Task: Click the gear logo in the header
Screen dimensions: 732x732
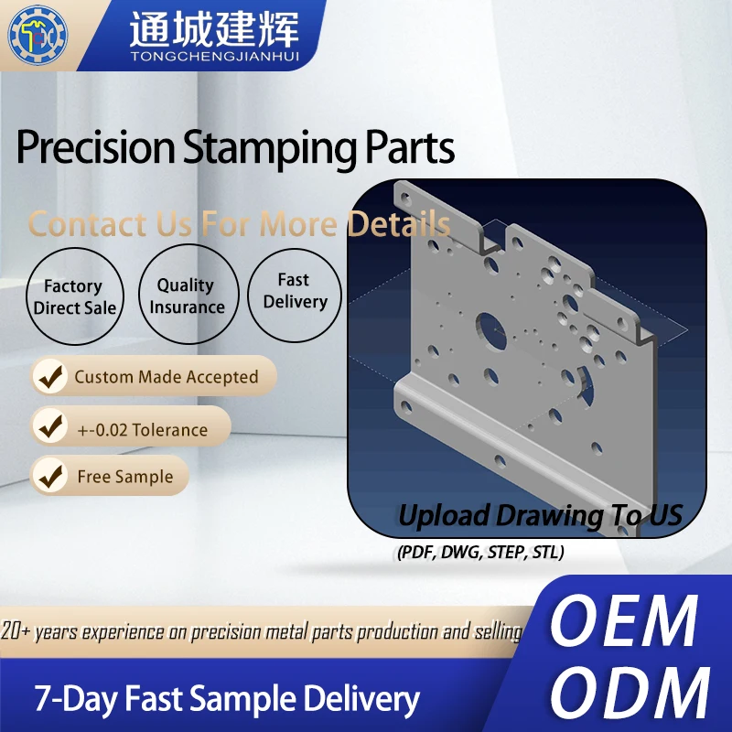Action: pyautogui.click(x=38, y=34)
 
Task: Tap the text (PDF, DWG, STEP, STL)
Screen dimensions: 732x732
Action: pyautogui.click(x=480, y=552)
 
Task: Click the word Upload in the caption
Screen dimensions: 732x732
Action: pyautogui.click(x=443, y=514)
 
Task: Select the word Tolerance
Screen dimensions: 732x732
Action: pyautogui.click(x=170, y=429)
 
